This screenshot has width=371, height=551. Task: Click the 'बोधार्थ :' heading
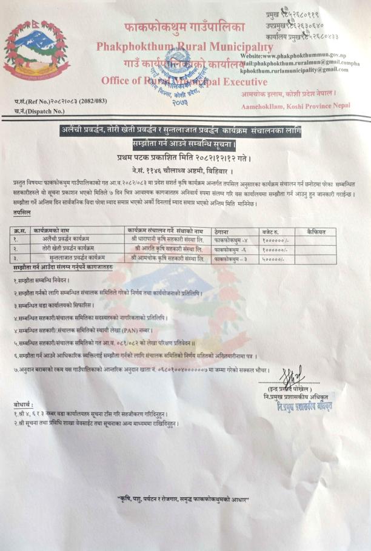point(23,404)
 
